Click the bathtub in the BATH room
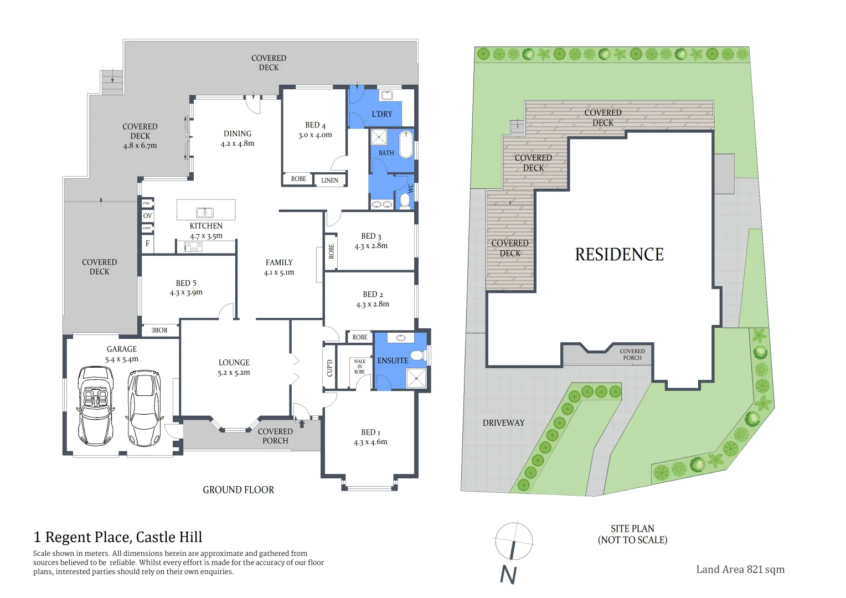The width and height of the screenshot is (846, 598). coord(407,143)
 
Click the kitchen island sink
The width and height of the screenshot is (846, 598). coord(205,213)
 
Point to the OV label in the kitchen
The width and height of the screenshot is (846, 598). coord(147,216)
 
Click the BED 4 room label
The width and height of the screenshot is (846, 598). coord(315,126)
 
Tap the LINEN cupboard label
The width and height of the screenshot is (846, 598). coord(329,181)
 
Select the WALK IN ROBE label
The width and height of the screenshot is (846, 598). coord(359,367)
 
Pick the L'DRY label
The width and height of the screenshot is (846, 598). coord(381,114)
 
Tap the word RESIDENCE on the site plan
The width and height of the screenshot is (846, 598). coord(619,255)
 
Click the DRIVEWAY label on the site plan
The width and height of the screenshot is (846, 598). coord(503,423)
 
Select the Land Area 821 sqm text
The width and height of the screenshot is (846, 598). coord(740,569)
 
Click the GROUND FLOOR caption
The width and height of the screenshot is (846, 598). coord(238,490)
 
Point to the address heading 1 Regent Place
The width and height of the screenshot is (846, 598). coord(118,537)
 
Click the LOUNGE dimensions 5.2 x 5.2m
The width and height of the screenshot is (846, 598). coord(234,373)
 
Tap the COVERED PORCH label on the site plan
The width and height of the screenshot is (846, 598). coord(632,354)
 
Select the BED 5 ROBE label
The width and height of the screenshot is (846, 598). coord(159,331)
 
